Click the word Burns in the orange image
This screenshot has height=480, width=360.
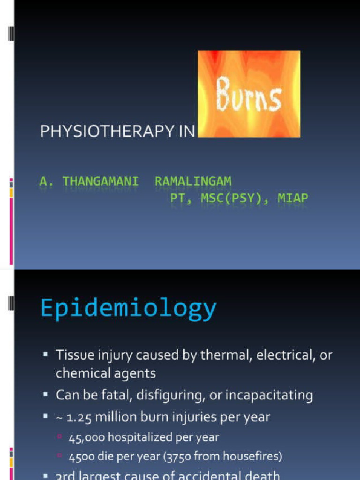coord(249,96)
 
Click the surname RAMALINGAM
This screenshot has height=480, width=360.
coord(193,181)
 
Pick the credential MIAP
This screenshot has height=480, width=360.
coord(293,198)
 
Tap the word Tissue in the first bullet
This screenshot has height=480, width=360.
coord(71,355)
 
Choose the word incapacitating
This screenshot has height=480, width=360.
coord(269,395)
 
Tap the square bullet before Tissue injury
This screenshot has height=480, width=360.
coord(45,355)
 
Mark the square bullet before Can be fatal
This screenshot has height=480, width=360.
coord(45,395)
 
